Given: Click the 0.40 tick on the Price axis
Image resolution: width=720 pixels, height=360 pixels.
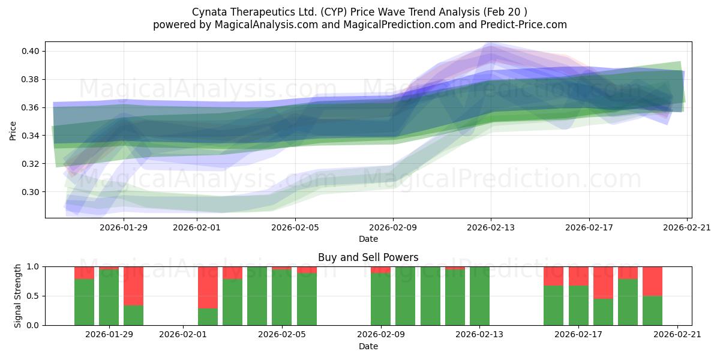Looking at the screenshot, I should pyautogui.click(x=31, y=51).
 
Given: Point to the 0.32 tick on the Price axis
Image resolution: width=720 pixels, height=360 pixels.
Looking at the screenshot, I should pyautogui.click(x=31, y=164).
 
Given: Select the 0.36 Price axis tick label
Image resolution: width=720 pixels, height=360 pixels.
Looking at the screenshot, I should pyautogui.click(x=31, y=107).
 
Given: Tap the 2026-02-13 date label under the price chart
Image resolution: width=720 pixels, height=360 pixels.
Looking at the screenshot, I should pyautogui.click(x=491, y=227).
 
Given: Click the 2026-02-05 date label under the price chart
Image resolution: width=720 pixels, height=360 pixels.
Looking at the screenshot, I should pyautogui.click(x=295, y=227).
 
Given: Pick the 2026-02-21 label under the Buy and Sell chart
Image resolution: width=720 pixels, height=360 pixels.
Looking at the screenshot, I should pyautogui.click(x=677, y=335).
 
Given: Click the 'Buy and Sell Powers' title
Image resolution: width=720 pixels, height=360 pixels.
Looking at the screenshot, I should pyautogui.click(x=368, y=257).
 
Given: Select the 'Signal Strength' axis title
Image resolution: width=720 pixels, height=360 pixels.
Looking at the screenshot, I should pyautogui.click(x=18, y=295).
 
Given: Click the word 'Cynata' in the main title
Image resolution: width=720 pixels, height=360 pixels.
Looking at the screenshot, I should pyautogui.click(x=208, y=12).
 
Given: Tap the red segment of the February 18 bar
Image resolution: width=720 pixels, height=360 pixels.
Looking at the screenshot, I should pyautogui.click(x=603, y=283).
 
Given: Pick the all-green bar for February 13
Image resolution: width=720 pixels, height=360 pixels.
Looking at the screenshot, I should pyautogui.click(x=479, y=296).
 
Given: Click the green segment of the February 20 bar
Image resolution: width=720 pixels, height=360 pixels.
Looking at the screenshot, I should pyautogui.click(x=652, y=311).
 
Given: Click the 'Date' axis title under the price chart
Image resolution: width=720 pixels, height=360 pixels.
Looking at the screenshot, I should pyautogui.click(x=368, y=239).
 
